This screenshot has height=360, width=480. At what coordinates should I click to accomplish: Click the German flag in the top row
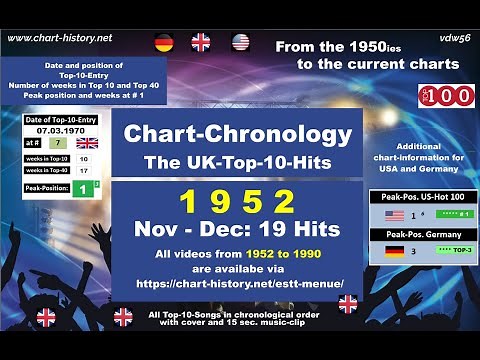pos(164,42)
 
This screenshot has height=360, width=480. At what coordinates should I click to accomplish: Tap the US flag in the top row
pos(240,42)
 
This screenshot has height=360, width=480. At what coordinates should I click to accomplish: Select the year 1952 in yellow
pos(237,203)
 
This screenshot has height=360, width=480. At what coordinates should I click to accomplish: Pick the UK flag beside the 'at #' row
pos(87,142)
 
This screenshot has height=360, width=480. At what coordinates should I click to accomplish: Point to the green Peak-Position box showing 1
pos(86,188)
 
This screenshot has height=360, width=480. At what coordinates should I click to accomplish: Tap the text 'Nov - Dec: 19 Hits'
pos(236,229)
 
